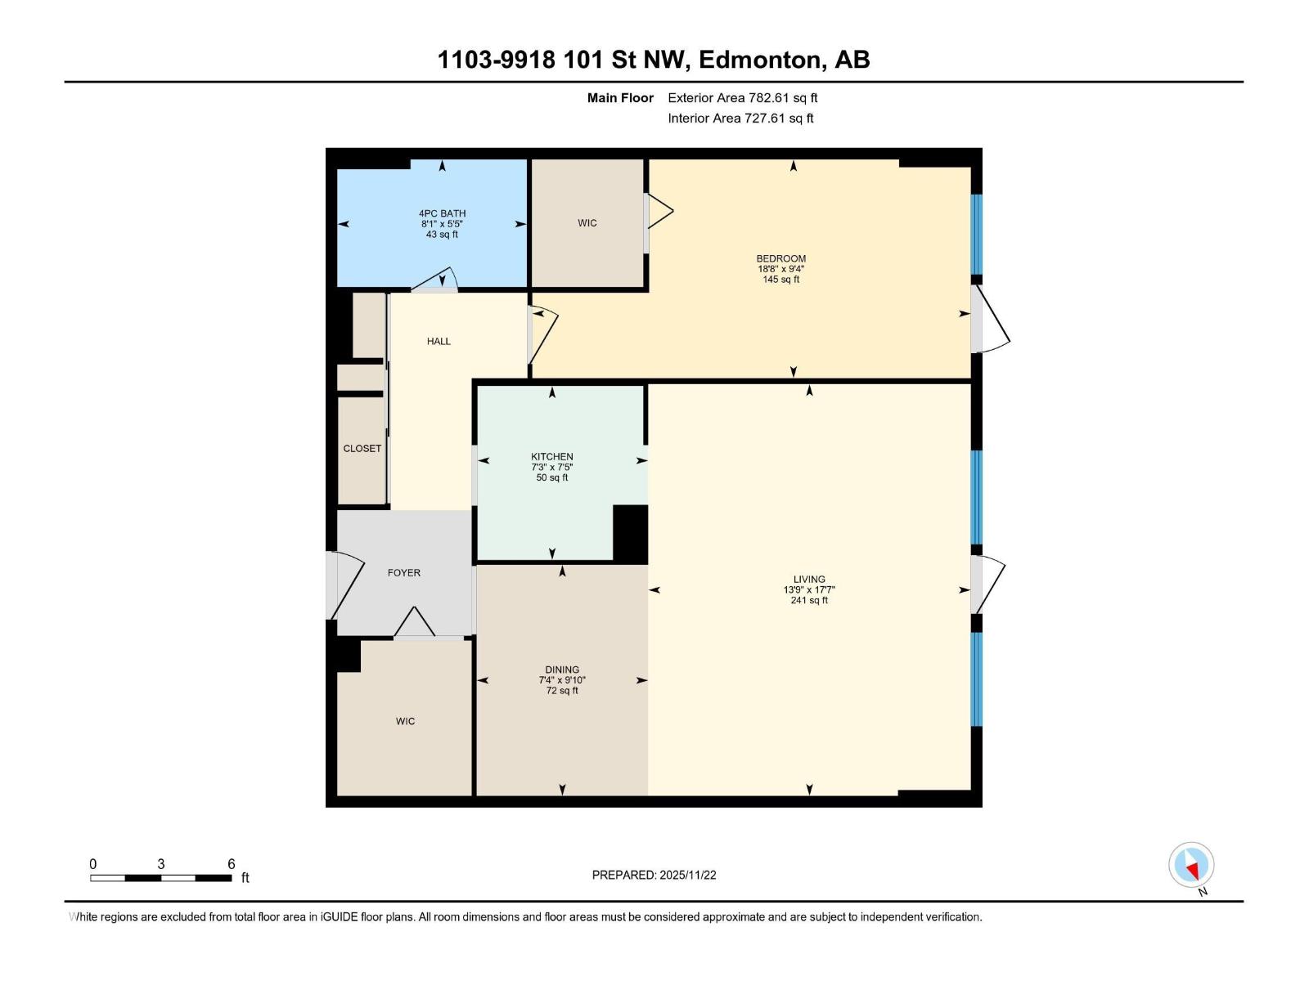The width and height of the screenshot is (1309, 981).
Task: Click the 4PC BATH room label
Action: coord(442,213)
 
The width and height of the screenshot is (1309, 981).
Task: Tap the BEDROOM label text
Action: coord(780,258)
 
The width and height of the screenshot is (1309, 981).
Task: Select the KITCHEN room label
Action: coord(552,457)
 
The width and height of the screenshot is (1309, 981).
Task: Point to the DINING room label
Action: coord(562,670)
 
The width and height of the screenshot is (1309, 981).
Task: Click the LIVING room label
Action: coord(809,579)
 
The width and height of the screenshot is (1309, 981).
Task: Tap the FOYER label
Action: coord(404,573)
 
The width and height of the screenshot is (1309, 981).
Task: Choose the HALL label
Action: coord(439,342)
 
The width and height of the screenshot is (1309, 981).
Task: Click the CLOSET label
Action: coord(362,449)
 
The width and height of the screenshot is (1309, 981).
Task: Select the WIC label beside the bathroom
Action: coord(587,223)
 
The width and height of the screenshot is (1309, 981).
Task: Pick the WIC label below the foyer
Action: coord(405,721)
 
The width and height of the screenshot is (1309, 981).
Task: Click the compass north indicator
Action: coord(1191,865)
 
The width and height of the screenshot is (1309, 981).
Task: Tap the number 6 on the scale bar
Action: coord(232,864)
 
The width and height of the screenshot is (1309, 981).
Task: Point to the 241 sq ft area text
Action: coord(809,600)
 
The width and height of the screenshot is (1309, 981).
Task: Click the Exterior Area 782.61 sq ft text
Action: coord(742,98)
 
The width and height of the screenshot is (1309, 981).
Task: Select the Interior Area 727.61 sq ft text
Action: coord(740,119)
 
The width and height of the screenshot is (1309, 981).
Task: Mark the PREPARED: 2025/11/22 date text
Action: coord(654,875)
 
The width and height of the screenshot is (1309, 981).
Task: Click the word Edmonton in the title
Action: coord(759,60)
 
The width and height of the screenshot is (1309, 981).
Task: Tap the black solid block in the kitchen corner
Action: coord(630,534)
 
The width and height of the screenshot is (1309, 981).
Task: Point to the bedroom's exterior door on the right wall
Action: coord(990,320)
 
